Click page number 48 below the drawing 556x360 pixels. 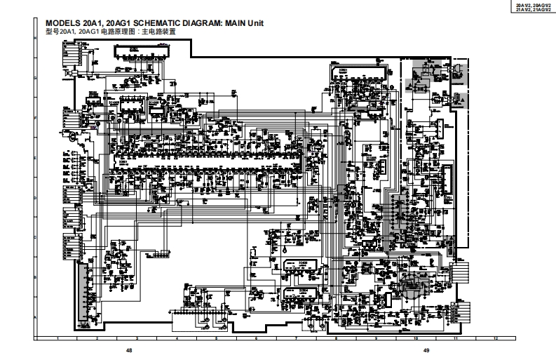click(128, 350)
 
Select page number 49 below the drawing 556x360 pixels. click(426, 350)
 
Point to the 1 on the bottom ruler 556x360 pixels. click(57, 338)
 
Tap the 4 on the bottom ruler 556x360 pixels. click(177, 338)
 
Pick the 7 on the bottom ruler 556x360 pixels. click(297, 338)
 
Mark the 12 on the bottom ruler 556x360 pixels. click(496, 338)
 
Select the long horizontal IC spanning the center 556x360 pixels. click(210, 162)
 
